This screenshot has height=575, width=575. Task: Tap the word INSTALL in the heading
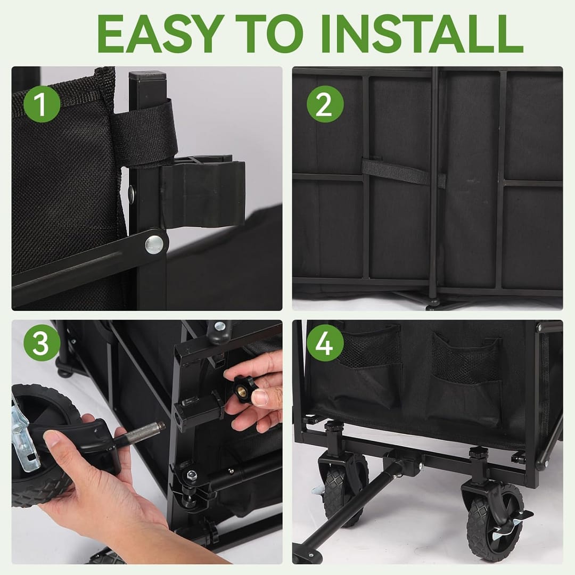422,34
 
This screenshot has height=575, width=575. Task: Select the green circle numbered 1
42,104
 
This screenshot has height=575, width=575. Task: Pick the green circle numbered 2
325,104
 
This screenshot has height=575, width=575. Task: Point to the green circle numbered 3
42,343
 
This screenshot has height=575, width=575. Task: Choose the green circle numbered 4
325,343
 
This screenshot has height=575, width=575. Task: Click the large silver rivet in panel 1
154,244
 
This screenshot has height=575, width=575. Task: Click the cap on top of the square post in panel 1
147,76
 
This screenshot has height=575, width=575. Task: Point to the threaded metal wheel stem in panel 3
142,432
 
